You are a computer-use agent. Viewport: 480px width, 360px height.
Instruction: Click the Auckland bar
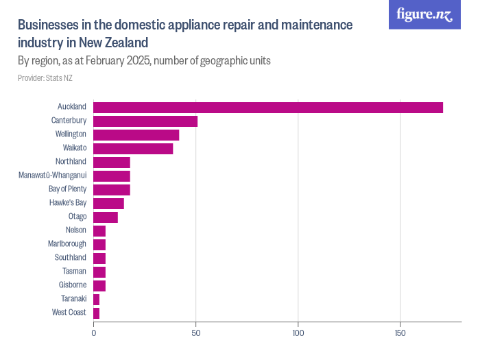tap(267, 107)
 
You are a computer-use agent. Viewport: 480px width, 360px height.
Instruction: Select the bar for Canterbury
tap(145, 121)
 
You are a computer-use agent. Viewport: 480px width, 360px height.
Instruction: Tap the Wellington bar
tap(136, 134)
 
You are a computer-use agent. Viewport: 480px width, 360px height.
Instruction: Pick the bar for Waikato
tap(133, 148)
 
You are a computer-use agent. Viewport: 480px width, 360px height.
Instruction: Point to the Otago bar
tap(106, 217)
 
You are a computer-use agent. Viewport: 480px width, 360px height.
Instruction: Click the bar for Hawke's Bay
tap(108, 203)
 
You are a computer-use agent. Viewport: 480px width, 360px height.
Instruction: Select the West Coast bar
tap(97, 313)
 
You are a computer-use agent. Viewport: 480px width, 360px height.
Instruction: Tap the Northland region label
tap(71, 162)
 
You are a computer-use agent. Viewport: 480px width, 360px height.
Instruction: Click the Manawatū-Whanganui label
tap(52, 176)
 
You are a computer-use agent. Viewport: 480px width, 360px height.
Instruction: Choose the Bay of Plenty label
tap(67, 189)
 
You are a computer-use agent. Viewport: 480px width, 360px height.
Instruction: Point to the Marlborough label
tap(67, 244)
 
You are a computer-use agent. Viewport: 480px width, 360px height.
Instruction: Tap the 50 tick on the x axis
tap(196, 333)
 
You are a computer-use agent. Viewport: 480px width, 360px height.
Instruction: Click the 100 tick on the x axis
tap(298, 333)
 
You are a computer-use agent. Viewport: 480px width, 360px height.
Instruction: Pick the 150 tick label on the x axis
tap(400, 333)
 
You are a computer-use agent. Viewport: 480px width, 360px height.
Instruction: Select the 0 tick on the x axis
tap(94, 333)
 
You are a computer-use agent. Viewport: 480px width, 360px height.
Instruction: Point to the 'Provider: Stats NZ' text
tap(45, 78)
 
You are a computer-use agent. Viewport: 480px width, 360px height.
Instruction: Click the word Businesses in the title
tap(48, 25)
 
